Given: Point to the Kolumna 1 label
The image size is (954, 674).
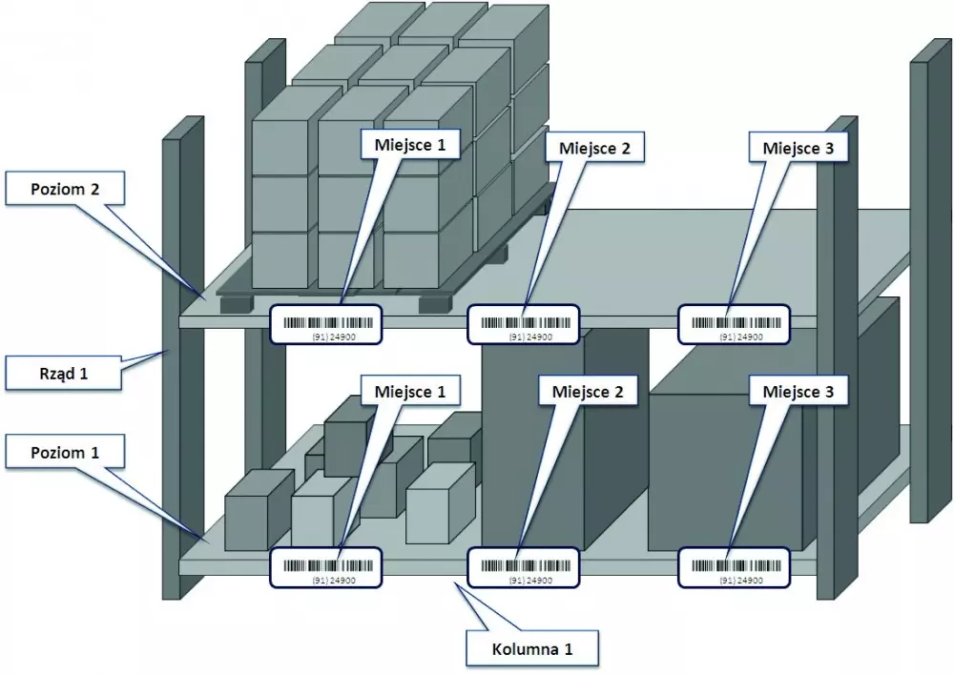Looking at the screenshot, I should pos(532,649).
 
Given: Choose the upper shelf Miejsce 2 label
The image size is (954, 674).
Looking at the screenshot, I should pos(593,148).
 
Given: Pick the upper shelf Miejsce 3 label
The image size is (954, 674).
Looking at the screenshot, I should pos(798,148).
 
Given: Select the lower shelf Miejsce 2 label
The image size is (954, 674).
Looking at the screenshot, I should pos(588,391).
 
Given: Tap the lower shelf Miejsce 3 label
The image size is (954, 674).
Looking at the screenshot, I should pos(798,391).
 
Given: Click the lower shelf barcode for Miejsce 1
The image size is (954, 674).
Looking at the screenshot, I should pos(326,566).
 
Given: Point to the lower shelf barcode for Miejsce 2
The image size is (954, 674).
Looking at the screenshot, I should pos(525,566).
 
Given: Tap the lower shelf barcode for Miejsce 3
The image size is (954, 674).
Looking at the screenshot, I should pos(735,566).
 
